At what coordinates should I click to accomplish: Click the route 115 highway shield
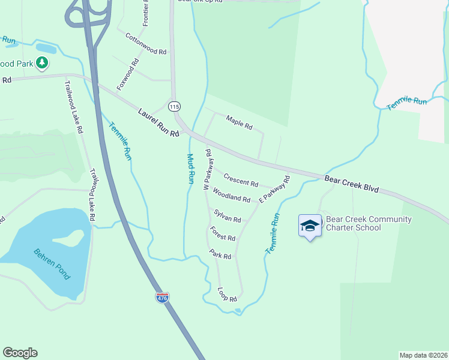174,106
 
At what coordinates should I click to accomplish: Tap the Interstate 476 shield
162,297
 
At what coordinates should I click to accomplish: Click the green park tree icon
41,62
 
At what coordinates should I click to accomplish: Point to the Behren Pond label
52,265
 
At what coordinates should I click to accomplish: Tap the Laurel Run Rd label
158,122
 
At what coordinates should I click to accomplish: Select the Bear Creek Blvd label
352,184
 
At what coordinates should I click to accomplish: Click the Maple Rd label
240,124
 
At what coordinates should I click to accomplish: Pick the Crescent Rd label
241,179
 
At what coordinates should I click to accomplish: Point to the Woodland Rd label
231,195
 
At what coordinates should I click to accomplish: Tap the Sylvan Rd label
228,216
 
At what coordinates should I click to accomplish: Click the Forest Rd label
223,233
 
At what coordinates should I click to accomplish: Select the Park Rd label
220,254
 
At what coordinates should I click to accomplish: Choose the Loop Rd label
228,294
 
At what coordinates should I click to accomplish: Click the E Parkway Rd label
274,189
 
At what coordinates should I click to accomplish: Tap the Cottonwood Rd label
145,44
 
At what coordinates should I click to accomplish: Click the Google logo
20,353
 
